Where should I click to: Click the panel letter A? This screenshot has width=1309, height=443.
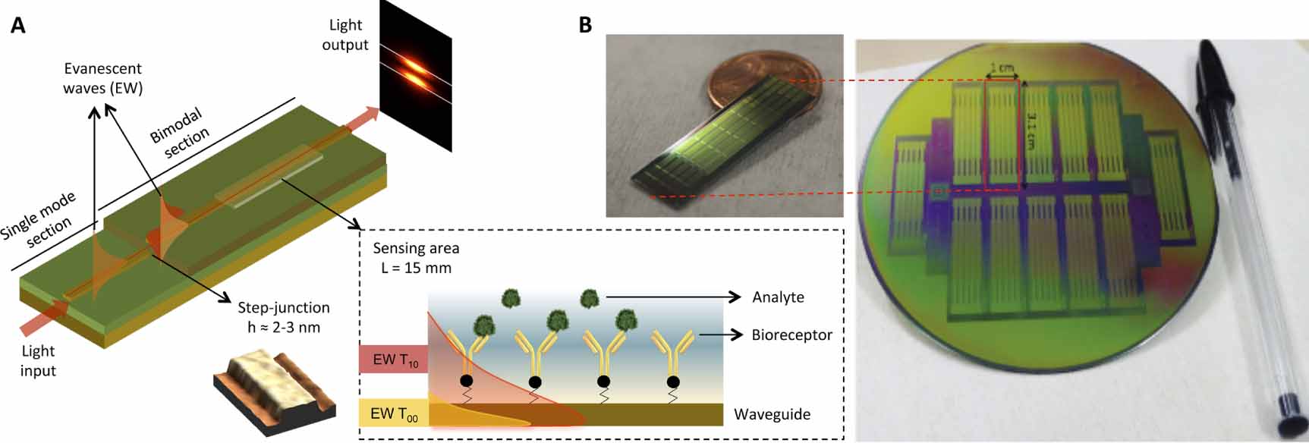(x=17, y=25)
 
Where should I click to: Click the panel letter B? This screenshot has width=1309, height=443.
(x=585, y=25)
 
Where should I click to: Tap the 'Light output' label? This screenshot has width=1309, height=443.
(x=345, y=35)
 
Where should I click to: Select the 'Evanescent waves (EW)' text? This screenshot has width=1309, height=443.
(x=102, y=78)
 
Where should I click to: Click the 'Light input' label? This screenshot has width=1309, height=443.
(x=38, y=360)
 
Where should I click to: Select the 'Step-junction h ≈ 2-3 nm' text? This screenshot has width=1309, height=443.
(x=283, y=317)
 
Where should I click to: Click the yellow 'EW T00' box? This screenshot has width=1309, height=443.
(x=394, y=413)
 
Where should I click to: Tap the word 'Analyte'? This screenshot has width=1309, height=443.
(x=778, y=297)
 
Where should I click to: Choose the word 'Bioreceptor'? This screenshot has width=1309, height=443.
(x=791, y=335)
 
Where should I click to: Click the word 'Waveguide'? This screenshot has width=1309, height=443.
(x=772, y=414)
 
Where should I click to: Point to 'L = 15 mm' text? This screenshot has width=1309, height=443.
(x=416, y=268)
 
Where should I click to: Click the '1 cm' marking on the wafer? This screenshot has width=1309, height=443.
(x=1004, y=68)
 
